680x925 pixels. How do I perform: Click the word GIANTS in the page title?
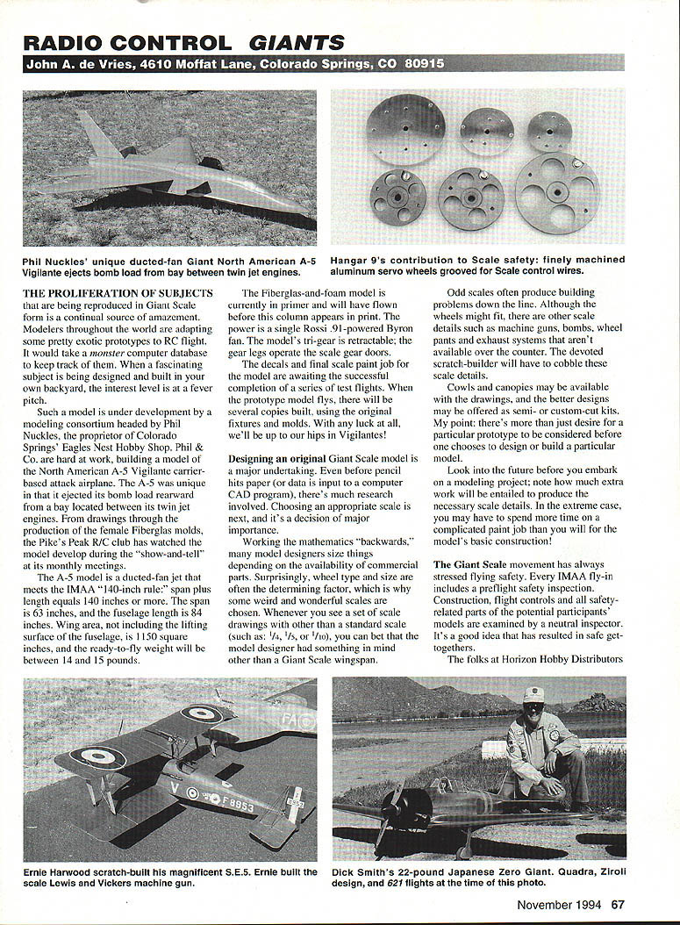pyautogui.click(x=295, y=42)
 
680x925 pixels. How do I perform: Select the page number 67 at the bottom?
pyautogui.click(x=618, y=905)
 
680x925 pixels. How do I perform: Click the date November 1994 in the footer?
pyautogui.click(x=559, y=905)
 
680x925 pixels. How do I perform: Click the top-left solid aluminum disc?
pyautogui.click(x=405, y=129)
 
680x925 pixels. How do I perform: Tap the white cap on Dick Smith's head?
pyautogui.click(x=533, y=694)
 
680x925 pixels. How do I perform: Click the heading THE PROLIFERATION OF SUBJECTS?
pyautogui.click(x=118, y=293)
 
